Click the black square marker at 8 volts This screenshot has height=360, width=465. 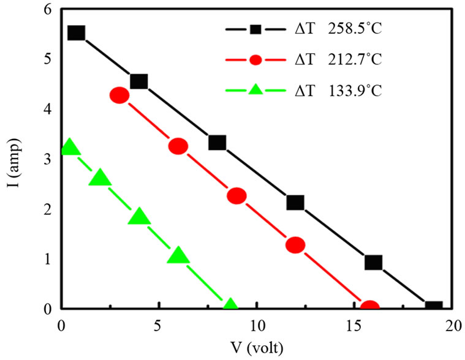(x=217, y=143)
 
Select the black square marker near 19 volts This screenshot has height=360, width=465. (x=434, y=308)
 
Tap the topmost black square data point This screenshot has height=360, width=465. (x=76, y=32)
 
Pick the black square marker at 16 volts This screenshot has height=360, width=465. (x=374, y=263)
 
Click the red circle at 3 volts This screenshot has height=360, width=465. (x=119, y=96)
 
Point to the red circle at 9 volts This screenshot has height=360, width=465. (x=236, y=196)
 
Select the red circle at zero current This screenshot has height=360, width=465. (x=369, y=307)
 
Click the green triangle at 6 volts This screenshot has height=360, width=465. (x=178, y=256)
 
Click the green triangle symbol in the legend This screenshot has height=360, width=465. (x=256, y=91)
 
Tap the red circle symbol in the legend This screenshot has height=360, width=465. (x=256, y=60)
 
